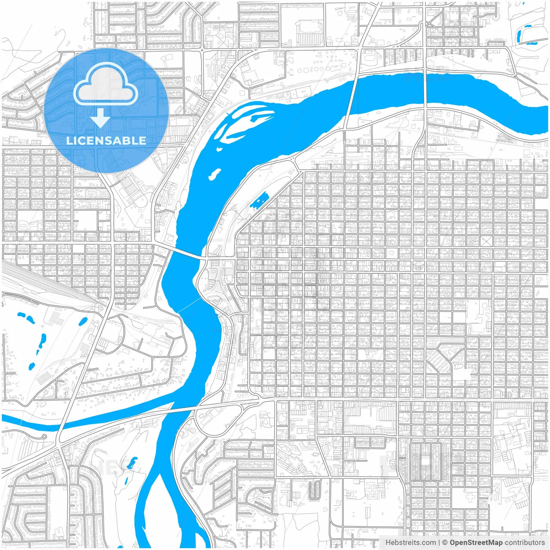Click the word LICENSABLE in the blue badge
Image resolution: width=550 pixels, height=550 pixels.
pos(106,141)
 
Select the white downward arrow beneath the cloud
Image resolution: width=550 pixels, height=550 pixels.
pos(101,118)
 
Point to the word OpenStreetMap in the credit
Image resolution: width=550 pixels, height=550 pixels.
pos(476,543)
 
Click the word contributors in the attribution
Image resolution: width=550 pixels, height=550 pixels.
pos(524,543)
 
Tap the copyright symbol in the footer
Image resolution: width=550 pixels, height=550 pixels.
pos(445,543)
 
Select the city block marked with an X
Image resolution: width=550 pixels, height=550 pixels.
pos(486,241)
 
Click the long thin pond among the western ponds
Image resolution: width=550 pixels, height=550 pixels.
pos(42,341)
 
